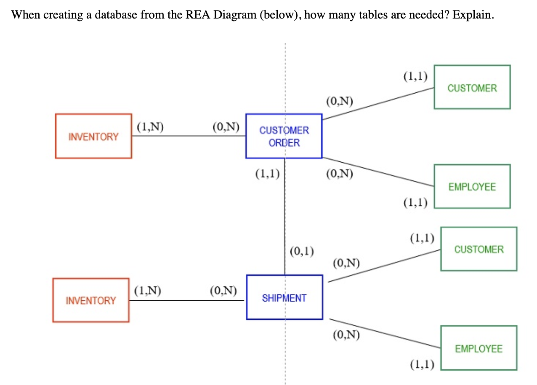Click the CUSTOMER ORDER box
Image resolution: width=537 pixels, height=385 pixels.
pos(284,136)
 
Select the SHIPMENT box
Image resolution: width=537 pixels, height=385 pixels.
pos(284,297)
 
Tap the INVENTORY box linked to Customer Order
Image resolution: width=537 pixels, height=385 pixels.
pos(93,136)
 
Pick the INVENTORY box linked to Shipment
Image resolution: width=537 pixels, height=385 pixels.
pos(91,300)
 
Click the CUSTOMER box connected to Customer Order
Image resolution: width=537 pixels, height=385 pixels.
pos(472,87)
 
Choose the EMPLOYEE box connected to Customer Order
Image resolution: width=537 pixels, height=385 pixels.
pos(472,187)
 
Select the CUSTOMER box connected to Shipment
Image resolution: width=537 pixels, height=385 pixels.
pos(479,249)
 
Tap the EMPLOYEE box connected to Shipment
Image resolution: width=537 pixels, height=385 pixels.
pos(479,348)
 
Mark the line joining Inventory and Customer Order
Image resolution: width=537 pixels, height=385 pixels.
pos(189,136)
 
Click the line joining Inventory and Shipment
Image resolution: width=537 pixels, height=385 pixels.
pos(187,300)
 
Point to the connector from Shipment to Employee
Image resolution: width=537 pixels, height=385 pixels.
pos(383,333)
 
